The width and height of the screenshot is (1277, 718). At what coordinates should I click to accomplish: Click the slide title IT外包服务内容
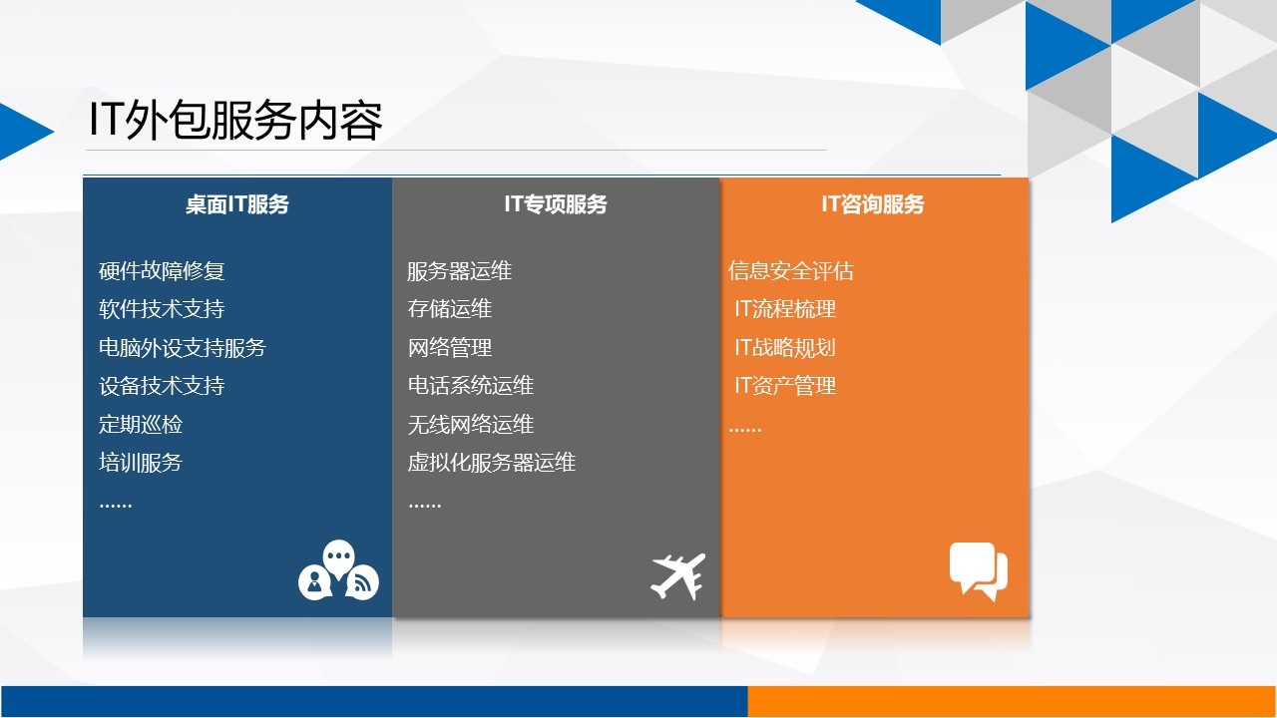click(235, 121)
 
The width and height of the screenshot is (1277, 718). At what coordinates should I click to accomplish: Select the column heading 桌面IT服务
click(237, 204)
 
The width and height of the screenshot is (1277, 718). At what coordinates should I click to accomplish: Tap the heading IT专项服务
click(556, 204)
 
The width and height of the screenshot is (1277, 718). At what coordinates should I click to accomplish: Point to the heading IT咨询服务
click(872, 204)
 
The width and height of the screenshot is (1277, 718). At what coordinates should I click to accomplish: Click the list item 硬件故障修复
click(162, 270)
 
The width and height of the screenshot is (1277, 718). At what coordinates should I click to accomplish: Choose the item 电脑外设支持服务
click(183, 348)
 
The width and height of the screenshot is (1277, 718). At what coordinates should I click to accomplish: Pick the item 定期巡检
click(141, 424)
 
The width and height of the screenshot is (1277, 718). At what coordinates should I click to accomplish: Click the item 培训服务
click(141, 462)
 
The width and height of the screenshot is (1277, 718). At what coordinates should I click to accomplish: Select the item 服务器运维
click(460, 270)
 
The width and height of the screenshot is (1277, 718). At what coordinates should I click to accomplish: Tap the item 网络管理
click(450, 348)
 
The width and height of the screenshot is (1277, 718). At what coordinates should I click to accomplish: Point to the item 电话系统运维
click(470, 385)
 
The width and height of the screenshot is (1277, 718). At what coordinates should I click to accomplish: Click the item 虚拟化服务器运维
click(492, 462)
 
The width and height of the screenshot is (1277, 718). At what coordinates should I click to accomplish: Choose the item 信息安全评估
click(791, 270)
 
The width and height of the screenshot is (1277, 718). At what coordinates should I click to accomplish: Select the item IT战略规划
click(785, 348)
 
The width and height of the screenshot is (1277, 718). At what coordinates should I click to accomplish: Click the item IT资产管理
click(785, 385)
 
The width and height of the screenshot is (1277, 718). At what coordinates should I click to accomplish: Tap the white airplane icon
click(677, 576)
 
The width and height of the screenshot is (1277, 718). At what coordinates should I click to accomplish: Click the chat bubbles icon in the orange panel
click(979, 571)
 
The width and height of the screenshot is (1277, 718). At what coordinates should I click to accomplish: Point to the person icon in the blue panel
click(314, 582)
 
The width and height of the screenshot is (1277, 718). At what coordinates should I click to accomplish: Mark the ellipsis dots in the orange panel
click(745, 430)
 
